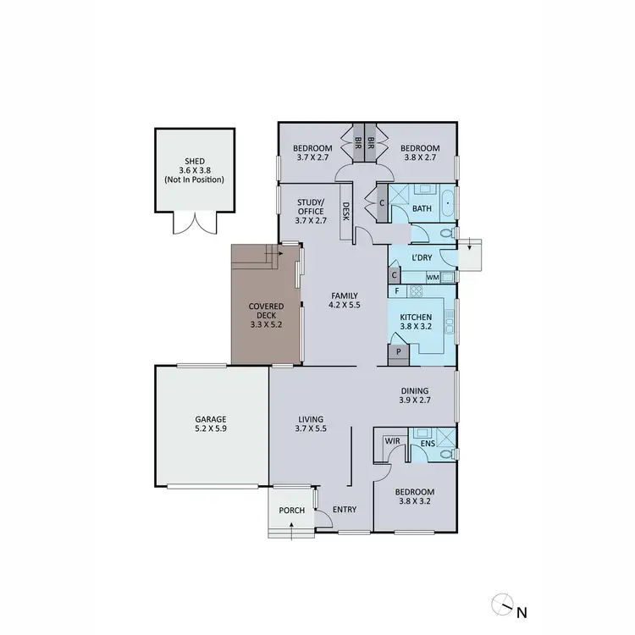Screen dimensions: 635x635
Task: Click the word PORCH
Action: click(291, 511)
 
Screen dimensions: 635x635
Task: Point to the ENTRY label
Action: click(345, 509)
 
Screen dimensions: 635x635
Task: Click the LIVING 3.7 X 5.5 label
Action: click(312, 423)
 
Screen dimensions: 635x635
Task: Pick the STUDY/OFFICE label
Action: click(311, 211)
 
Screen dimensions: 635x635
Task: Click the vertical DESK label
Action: click(346, 211)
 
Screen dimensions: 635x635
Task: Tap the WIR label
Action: click(392, 441)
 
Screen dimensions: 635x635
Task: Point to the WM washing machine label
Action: click(433, 277)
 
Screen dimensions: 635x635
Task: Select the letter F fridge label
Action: click(397, 291)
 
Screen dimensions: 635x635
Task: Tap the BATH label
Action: click(422, 208)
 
